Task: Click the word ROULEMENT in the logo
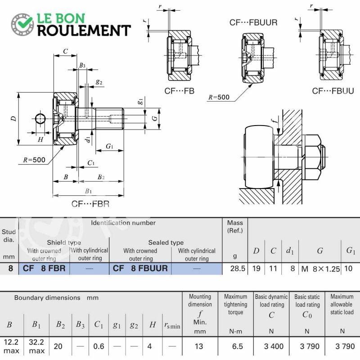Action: pos(84,31)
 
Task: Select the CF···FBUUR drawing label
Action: pos(253,22)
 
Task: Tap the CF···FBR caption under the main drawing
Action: pos(90,204)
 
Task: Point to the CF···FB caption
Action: pos(179,91)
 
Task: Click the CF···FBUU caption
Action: pos(333,91)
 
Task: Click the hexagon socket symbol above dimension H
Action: pos(40,118)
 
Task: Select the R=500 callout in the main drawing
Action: pos(34,160)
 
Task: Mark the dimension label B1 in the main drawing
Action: pos(88,191)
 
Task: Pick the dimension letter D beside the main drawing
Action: pos(14,118)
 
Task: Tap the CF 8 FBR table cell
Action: pos(44,268)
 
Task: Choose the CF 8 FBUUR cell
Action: pos(140,268)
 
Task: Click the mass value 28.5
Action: pos(238,268)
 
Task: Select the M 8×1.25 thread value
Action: pos(320,269)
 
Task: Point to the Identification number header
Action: pos(123,223)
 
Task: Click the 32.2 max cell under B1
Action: pos(36,346)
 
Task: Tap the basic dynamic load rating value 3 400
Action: pos(274,346)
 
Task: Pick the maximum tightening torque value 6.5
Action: pos(238,346)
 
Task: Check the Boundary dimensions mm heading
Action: pos(57,298)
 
